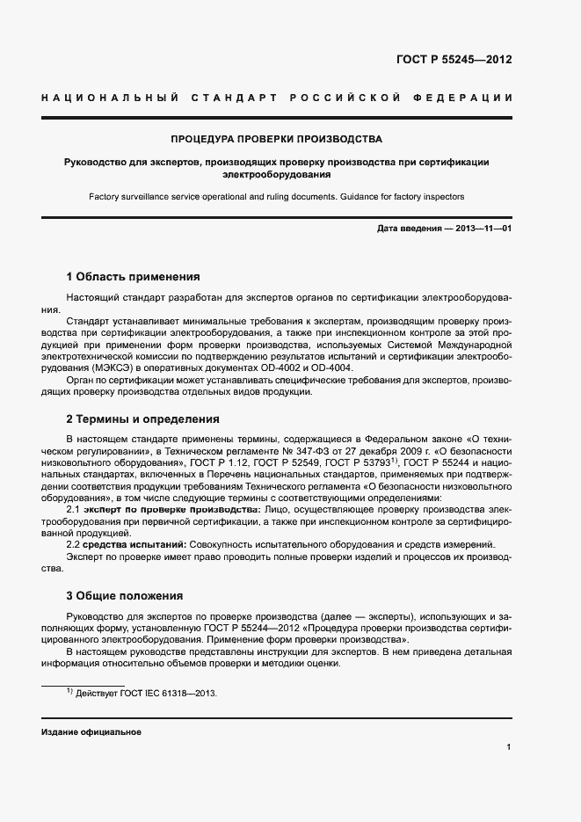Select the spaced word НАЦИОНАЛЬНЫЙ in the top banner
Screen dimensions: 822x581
(x=111, y=96)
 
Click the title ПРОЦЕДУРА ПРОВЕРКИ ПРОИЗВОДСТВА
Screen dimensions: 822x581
(x=276, y=139)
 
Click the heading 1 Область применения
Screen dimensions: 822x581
(x=134, y=276)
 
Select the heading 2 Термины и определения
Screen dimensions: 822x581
(x=142, y=418)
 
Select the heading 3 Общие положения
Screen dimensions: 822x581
(x=125, y=595)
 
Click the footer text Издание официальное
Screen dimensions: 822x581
(x=91, y=732)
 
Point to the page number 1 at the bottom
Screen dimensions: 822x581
(x=509, y=747)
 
